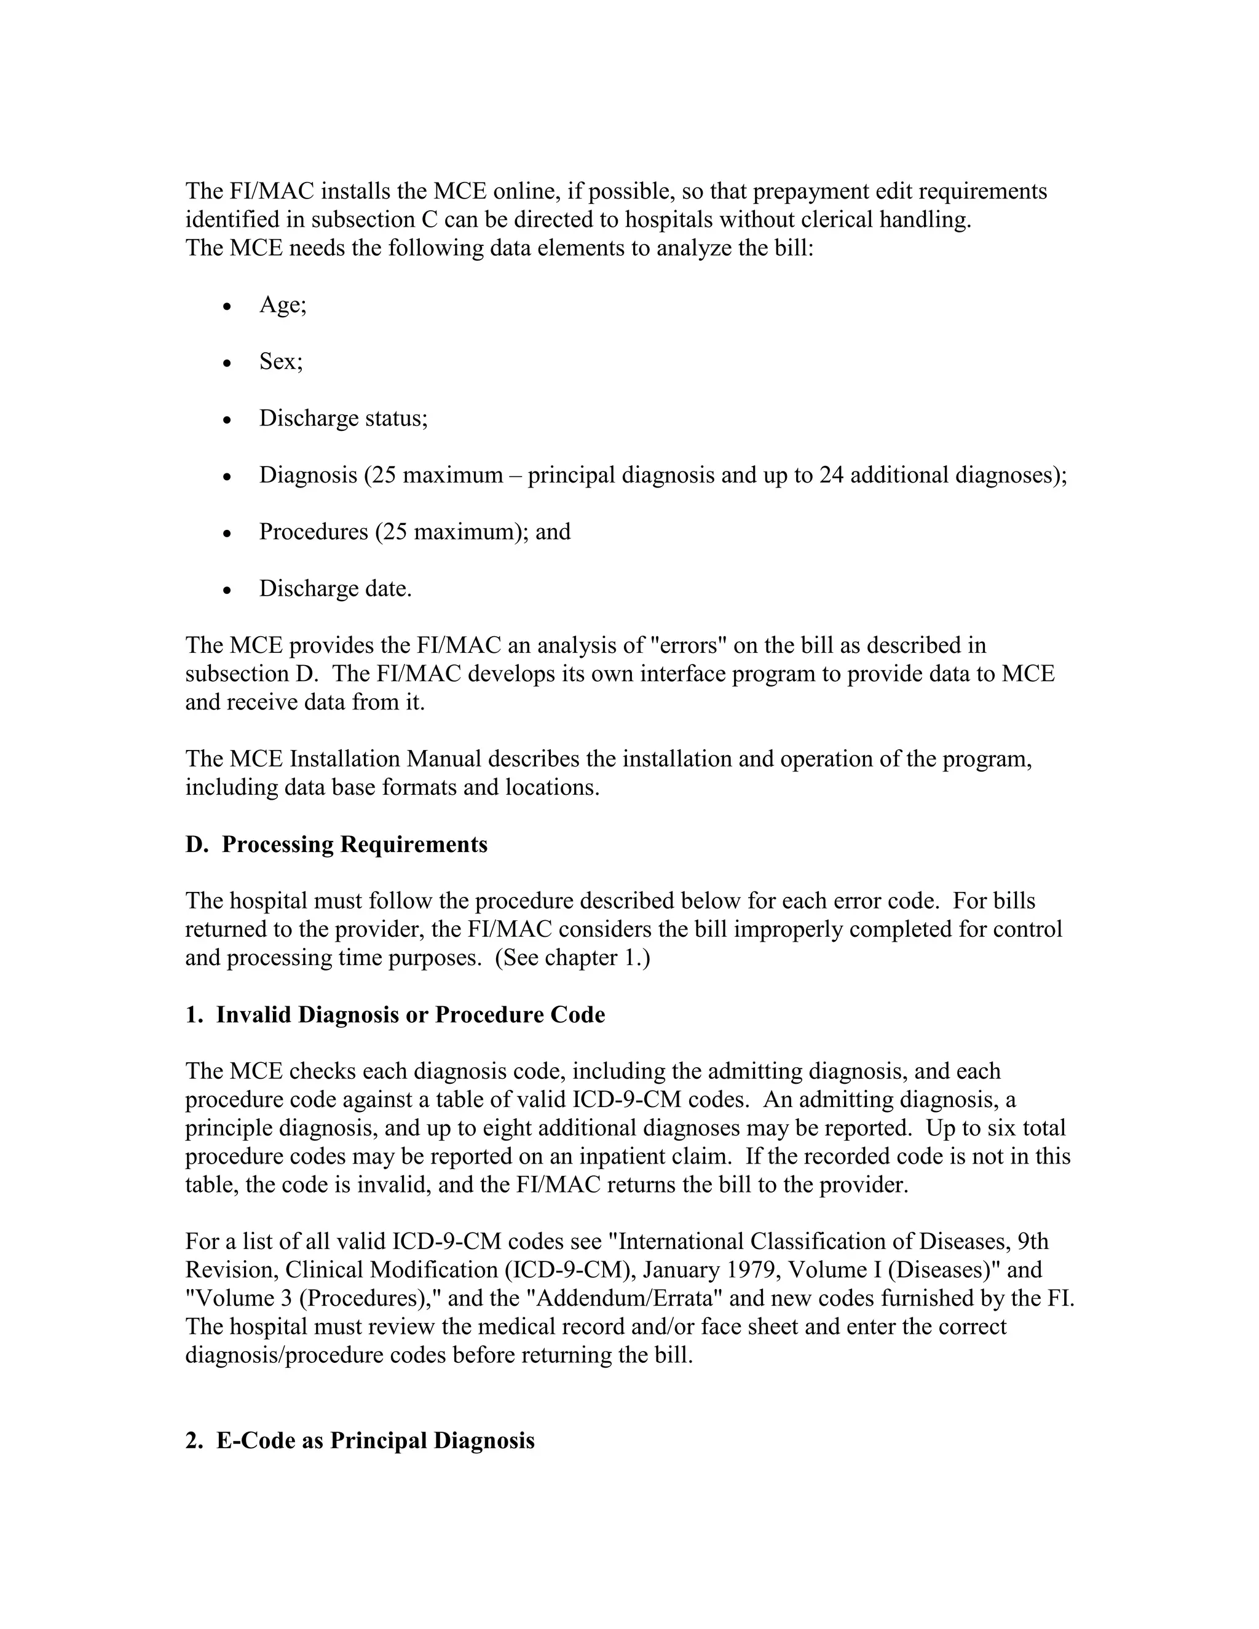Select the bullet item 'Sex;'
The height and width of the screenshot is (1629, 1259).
coord(280,361)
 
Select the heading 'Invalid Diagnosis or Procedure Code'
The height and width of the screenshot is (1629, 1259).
coord(410,1014)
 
